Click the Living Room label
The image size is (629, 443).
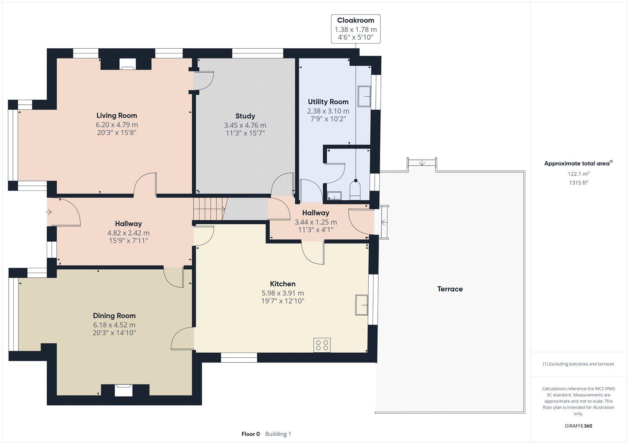pyautogui.click(x=116, y=115)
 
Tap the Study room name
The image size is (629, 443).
pyautogui.click(x=245, y=116)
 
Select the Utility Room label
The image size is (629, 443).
pyautogui.click(x=328, y=102)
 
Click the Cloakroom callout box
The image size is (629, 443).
pyautogui.click(x=355, y=29)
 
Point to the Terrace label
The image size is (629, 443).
pyautogui.click(x=450, y=289)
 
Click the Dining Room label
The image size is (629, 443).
pyautogui.click(x=114, y=316)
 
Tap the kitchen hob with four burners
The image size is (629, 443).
pyautogui.click(x=322, y=345)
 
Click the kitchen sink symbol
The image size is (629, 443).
pyautogui.click(x=362, y=305)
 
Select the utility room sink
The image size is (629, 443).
pyautogui.click(x=364, y=96)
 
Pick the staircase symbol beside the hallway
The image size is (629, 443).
pyautogui.click(x=210, y=209)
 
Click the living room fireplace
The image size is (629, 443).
pyautogui.click(x=127, y=64)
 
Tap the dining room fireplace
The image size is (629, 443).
pyautogui.click(x=123, y=390)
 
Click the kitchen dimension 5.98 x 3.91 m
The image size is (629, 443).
pyautogui.click(x=283, y=293)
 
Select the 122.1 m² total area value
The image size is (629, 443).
pyautogui.click(x=578, y=174)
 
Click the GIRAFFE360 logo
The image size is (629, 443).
pyautogui.click(x=578, y=426)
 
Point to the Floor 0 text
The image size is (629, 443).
pyautogui.click(x=251, y=434)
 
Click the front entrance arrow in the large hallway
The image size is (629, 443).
pyautogui.click(x=49, y=212)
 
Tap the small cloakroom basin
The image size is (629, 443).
pyautogui.click(x=335, y=196)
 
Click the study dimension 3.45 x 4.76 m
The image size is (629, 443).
pyautogui.click(x=245, y=125)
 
